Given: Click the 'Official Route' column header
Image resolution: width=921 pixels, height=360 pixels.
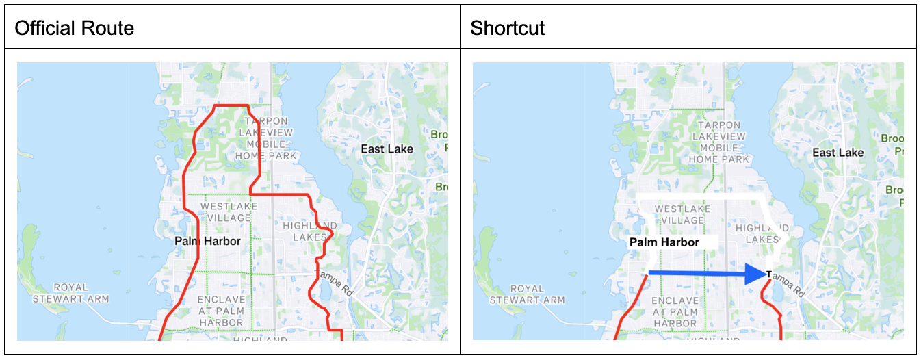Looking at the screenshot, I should pyautogui.click(x=74, y=28).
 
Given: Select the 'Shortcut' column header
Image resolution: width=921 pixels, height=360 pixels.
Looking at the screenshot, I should pyautogui.click(x=507, y=28).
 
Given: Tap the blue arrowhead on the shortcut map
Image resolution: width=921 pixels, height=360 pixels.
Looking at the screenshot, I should pyautogui.click(x=755, y=274).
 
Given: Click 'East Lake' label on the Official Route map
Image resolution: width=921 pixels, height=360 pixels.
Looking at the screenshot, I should pyautogui.click(x=387, y=149).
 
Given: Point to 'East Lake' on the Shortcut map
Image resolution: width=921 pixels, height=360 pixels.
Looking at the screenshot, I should pyautogui.click(x=838, y=153).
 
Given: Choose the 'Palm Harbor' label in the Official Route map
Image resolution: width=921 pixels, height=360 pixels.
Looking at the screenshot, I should pyautogui.click(x=207, y=241).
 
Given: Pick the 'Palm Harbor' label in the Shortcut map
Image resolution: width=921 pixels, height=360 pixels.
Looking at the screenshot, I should pyautogui.click(x=664, y=242).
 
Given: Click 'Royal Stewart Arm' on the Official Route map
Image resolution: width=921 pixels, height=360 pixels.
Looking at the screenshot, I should pyautogui.click(x=71, y=293).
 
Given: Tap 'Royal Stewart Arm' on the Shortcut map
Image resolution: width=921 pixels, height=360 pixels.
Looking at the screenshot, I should pyautogui.click(x=528, y=294).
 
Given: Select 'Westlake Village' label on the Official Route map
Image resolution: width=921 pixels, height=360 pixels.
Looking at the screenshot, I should pyautogui.click(x=229, y=212).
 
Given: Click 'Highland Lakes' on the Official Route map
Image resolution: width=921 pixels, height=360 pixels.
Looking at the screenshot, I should pyautogui.click(x=310, y=231).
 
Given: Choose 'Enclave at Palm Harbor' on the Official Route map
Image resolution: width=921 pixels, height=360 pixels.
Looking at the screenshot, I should pyautogui.click(x=220, y=311).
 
